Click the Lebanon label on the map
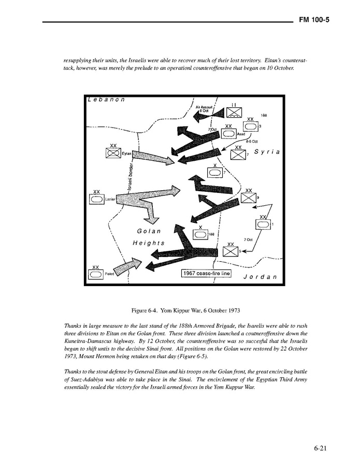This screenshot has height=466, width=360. tap(107, 100)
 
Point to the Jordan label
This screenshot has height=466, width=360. tap(260, 277)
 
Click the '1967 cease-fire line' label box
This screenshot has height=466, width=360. tap(206, 273)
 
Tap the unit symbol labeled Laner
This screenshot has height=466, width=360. tap(96, 198)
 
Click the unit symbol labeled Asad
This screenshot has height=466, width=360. tap(228, 133)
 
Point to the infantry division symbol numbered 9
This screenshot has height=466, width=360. tap(249, 197)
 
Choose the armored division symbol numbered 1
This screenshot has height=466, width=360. tap(263, 224)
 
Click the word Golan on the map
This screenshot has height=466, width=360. tap(149, 231)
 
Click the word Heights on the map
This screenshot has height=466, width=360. tap(149, 243)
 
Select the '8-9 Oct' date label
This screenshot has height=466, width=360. tap(252, 141)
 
